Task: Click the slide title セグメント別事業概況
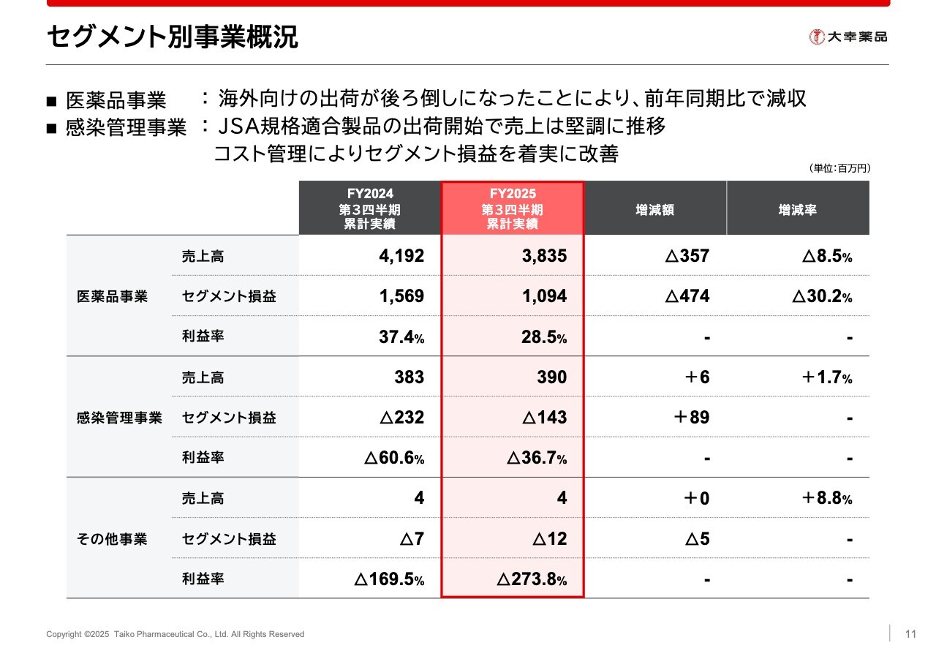pyautogui.click(x=173, y=37)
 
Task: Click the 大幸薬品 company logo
pyautogui.click(x=848, y=36)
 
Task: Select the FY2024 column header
pyautogui.click(x=369, y=208)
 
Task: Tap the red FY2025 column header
pyautogui.click(x=512, y=208)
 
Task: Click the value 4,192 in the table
pyautogui.click(x=401, y=256)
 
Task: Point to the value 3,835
pyautogui.click(x=544, y=256)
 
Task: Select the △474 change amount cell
pyautogui.click(x=687, y=296)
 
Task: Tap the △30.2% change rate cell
pyautogui.click(x=822, y=296)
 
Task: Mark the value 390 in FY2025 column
pyautogui.click(x=551, y=377)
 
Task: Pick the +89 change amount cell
pyautogui.click(x=690, y=418)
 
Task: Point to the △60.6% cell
pyautogui.click(x=393, y=459)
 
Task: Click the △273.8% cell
pyautogui.click(x=532, y=580)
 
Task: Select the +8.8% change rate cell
pyautogui.click(x=826, y=499)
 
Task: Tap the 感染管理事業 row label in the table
pyautogui.click(x=119, y=418)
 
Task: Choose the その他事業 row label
pyautogui.click(x=112, y=539)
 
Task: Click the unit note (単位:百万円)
pyautogui.click(x=839, y=168)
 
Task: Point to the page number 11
pyautogui.click(x=910, y=633)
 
